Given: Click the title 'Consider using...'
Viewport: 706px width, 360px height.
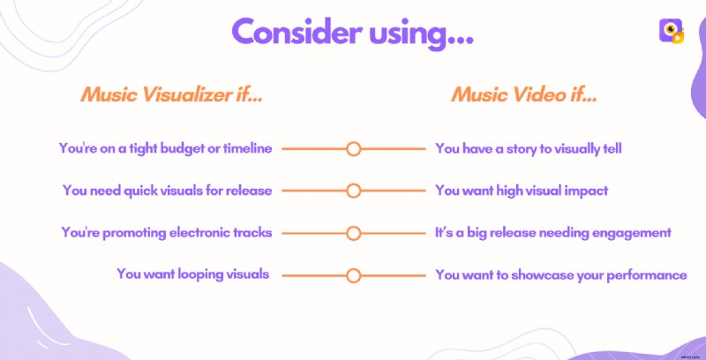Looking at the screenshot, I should (x=352, y=34).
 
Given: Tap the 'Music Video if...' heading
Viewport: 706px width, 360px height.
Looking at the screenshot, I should (x=524, y=94).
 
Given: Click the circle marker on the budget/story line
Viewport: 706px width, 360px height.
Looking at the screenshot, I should (x=353, y=148).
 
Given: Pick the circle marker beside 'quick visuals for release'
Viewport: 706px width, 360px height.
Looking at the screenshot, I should (x=353, y=191).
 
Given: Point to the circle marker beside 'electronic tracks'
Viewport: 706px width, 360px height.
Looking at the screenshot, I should (x=353, y=233).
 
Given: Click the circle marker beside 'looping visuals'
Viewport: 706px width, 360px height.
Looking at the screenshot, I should (x=353, y=275).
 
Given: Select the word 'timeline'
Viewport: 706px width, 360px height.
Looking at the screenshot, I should (x=248, y=148).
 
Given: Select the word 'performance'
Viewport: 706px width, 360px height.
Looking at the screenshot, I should (x=646, y=275).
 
